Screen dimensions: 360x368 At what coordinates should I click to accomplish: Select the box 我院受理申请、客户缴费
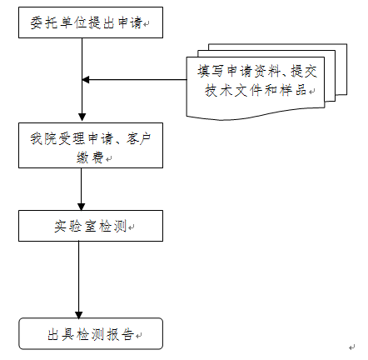pos(90,147)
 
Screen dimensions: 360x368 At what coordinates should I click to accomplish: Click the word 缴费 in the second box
pos(89,157)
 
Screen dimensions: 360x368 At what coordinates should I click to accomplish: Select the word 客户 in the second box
pos(140,138)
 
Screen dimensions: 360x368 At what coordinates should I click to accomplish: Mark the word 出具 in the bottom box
pos(58,334)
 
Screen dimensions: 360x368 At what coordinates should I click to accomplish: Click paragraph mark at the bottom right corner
pos(352,348)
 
